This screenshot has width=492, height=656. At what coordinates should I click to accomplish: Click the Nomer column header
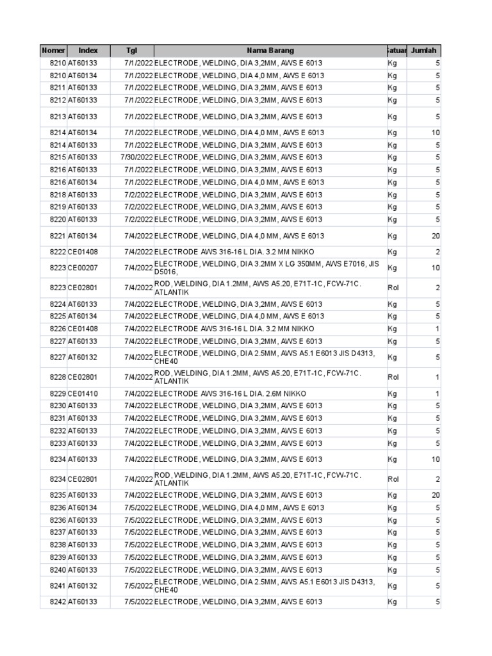pos(53,51)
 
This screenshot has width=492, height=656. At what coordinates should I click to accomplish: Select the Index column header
pos(88,51)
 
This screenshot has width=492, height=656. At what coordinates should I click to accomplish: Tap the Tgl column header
pos(131,51)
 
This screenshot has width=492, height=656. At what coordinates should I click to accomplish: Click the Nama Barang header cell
pos(270,51)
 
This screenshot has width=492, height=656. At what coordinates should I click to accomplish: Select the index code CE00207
pos(83,268)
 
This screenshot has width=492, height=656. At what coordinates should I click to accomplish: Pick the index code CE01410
pos(83,393)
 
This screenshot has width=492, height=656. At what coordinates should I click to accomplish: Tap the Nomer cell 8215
pos(58,158)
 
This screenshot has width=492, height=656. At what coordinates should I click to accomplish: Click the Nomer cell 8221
pos(58,236)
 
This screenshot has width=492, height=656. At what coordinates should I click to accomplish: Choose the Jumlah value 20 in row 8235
pos(436,495)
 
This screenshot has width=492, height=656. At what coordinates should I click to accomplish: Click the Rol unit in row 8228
pos(393,377)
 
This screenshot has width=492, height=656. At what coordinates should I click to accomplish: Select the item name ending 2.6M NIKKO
pos(230,393)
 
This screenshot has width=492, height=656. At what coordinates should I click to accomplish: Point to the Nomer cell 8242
pos(58,602)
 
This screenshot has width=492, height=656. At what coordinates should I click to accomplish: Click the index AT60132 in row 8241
pos(83,586)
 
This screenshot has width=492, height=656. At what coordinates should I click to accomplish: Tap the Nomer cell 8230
pos(58,406)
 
